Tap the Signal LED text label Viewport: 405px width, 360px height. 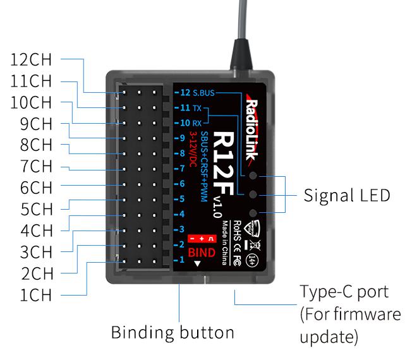click(347, 195)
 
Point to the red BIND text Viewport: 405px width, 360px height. click(202, 253)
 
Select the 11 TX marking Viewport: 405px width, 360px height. click(191, 108)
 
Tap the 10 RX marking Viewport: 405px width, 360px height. click(191, 123)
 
